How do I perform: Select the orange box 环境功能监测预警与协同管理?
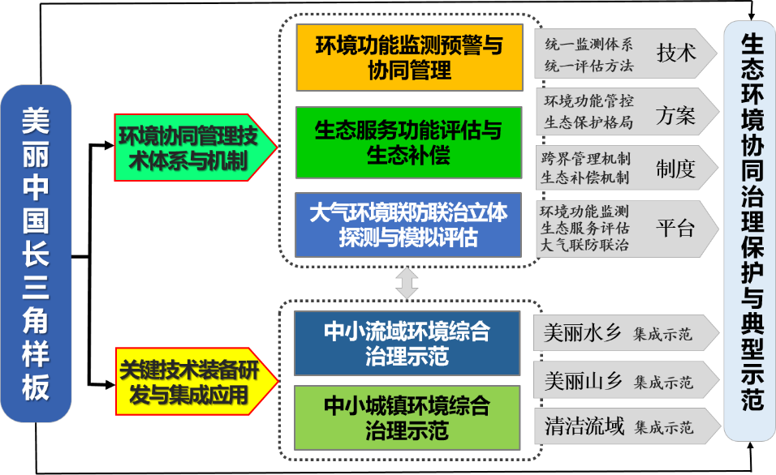408,58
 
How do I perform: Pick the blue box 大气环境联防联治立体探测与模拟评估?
408,225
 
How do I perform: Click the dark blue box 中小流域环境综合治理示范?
407,343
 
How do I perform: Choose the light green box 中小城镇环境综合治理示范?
407,417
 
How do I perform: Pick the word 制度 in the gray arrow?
675,169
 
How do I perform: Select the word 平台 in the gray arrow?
675,228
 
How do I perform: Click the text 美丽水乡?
582,333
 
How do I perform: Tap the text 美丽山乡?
582,380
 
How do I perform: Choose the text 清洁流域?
584,426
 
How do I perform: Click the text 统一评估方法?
588,66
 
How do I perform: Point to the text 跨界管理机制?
585,159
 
